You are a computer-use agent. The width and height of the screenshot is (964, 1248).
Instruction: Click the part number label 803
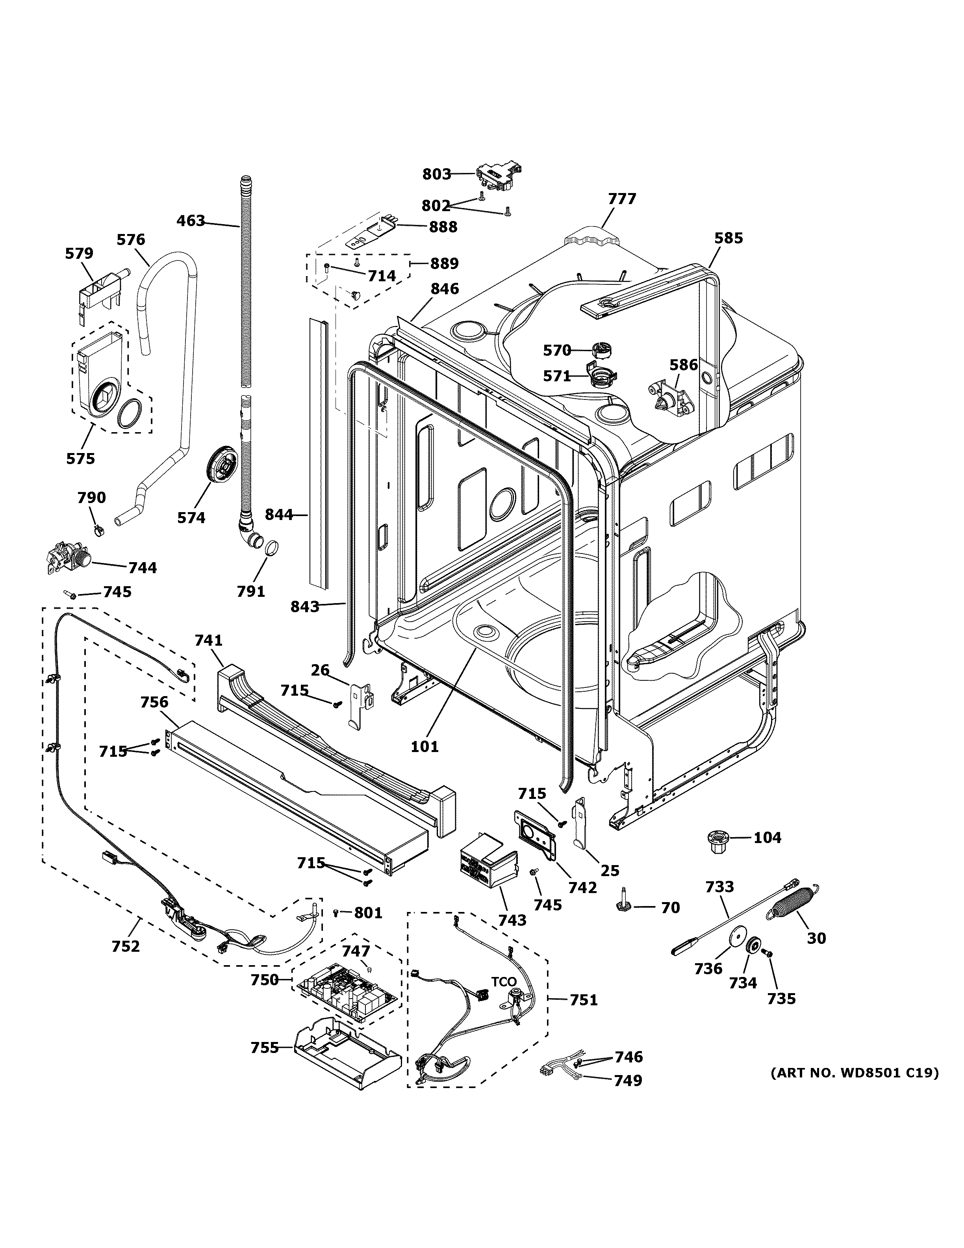click(x=436, y=174)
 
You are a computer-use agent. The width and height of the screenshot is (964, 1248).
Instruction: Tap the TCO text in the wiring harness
click(x=504, y=982)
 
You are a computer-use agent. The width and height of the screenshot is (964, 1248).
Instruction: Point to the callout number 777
click(x=621, y=199)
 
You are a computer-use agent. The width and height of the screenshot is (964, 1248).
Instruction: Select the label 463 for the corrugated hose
click(x=191, y=221)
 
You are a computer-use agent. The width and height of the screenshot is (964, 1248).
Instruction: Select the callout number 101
click(x=425, y=746)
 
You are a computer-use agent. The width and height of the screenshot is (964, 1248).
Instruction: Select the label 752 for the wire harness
click(x=126, y=946)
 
